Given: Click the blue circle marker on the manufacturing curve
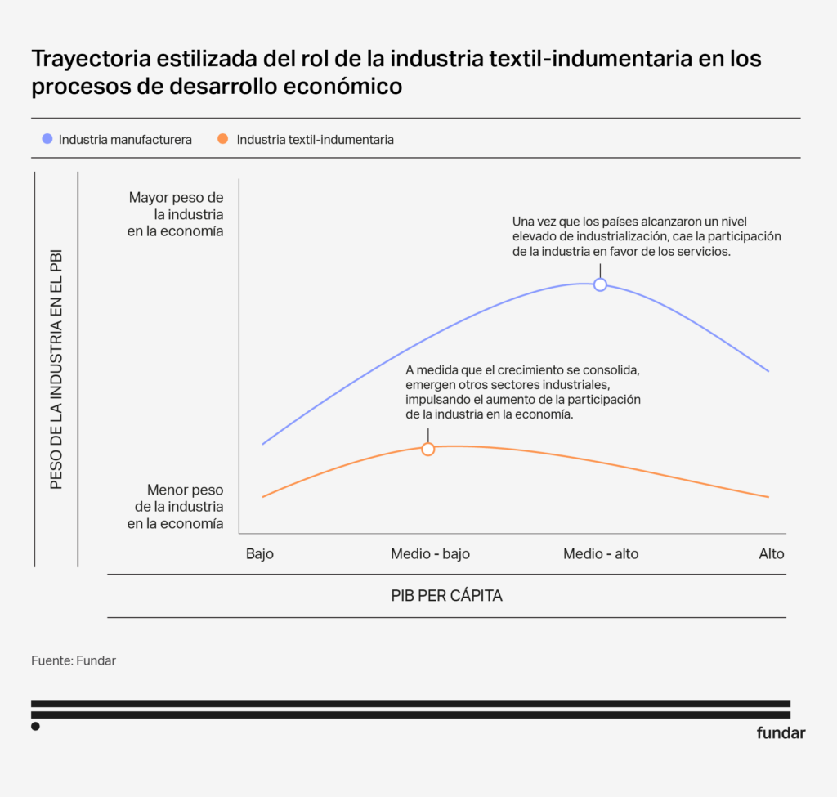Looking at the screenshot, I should (x=600, y=284).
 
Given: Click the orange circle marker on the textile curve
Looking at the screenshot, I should (x=427, y=449).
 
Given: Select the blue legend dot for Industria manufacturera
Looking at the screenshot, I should (x=47, y=140).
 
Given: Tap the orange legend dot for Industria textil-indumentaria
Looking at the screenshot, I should (x=222, y=140).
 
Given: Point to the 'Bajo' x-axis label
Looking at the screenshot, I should (x=260, y=554).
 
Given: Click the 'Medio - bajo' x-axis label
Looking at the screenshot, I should (x=430, y=554).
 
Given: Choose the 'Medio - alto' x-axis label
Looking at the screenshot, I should (x=601, y=554).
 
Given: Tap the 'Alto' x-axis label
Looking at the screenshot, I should (x=771, y=554).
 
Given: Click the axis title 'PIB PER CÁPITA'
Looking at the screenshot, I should (x=446, y=596).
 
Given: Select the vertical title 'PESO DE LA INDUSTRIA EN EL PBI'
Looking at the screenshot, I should (x=56, y=369).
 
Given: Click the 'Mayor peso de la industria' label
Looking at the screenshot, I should (x=175, y=214).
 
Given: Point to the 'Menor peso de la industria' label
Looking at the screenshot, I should (x=175, y=507).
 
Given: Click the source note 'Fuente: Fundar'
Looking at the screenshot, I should (x=74, y=660).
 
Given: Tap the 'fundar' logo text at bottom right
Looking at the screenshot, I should (x=781, y=732).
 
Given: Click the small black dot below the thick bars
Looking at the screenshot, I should (x=35, y=726).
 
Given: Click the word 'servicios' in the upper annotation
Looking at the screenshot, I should (x=702, y=252).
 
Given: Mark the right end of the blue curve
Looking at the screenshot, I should (x=768, y=371).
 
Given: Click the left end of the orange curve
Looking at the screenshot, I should (x=263, y=496).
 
